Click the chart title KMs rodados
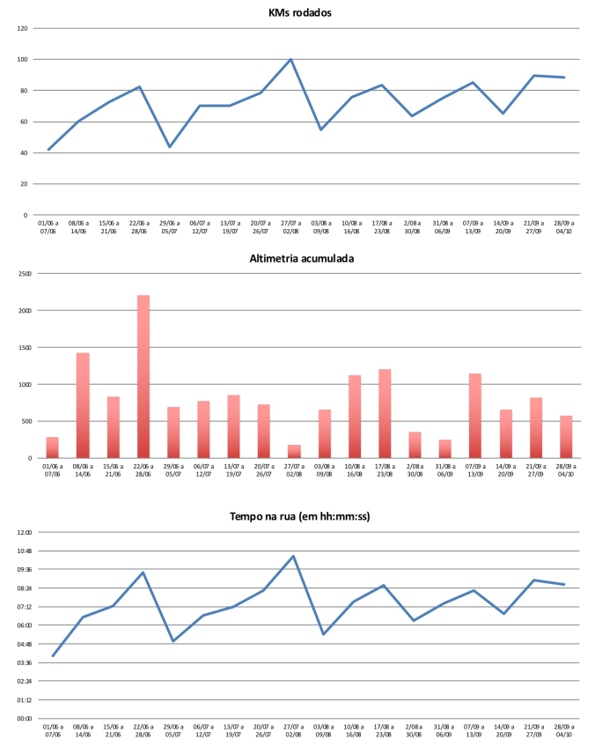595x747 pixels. click(299, 12)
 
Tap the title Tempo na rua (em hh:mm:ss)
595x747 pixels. click(299, 516)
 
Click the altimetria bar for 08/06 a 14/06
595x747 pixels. click(83, 405)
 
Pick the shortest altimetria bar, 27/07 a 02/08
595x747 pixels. click(293, 452)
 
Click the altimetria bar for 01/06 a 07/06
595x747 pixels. click(53, 447)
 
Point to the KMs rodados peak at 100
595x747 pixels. click(290, 59)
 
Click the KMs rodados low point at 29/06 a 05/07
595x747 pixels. click(170, 146)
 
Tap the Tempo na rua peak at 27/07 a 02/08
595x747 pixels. click(293, 556)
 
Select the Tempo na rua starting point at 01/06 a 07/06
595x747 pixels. click(53, 655)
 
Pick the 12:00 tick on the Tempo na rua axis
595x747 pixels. click(22, 532)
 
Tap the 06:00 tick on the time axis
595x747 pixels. click(22, 625)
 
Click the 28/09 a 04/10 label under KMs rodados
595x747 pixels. click(564, 227)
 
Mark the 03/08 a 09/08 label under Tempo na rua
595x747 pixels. click(323, 731)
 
